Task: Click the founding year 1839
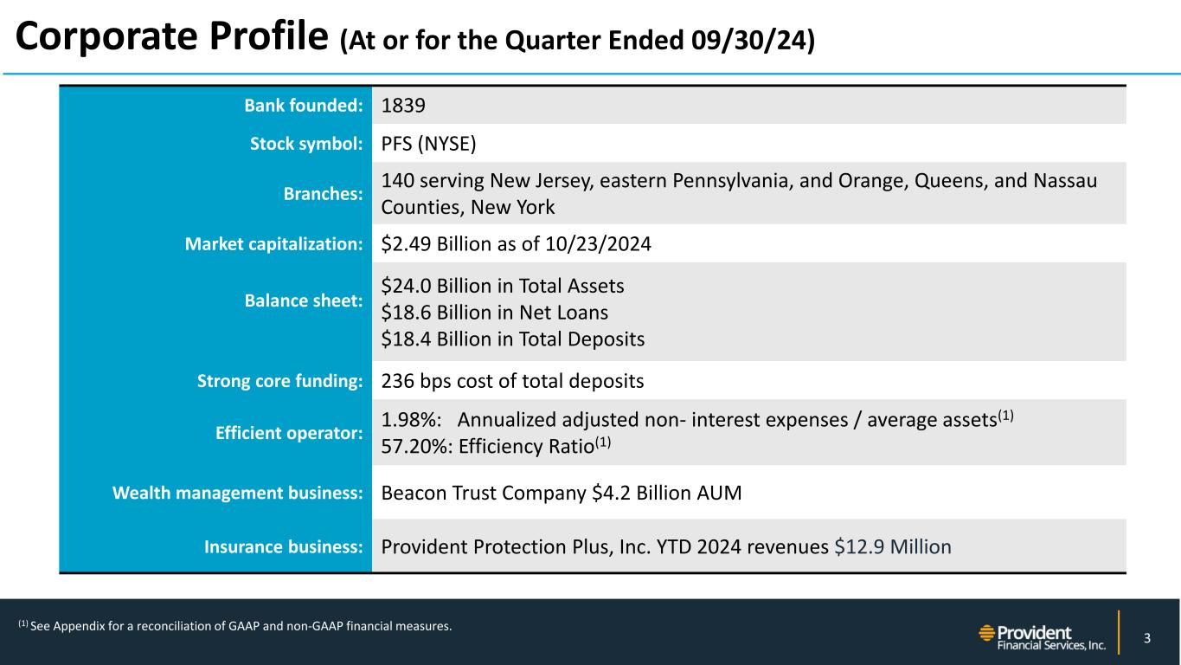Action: pos(403,106)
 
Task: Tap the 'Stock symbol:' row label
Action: pos(305,144)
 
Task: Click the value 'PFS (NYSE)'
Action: pos(429,144)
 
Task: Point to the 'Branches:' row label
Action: pos(323,194)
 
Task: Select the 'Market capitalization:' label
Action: pos(273,245)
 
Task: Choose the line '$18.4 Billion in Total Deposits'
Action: pos(512,339)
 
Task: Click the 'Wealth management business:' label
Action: pos(237,494)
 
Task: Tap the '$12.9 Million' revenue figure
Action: pos(893,547)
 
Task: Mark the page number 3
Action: pos(1146,639)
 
